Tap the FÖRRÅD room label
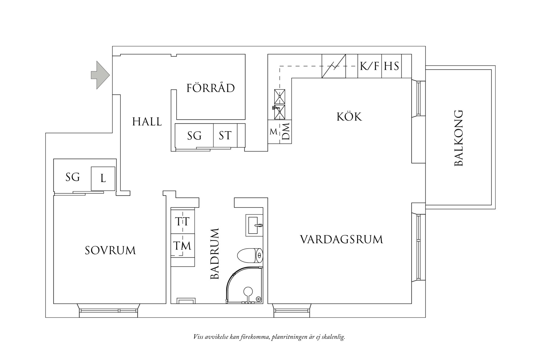click(211, 88)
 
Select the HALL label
click(147, 122)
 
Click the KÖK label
click(349, 117)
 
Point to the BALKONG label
click(459, 138)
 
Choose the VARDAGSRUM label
click(341, 240)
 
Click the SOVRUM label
click(110, 251)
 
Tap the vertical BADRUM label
click(214, 254)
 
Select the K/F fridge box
click(369, 66)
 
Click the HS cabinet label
click(391, 66)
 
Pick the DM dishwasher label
click(286, 131)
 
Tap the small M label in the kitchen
click(273, 132)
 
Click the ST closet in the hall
click(225, 135)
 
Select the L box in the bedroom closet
click(103, 179)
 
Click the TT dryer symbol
click(182, 221)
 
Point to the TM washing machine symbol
click(182, 245)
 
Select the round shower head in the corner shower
click(248, 291)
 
